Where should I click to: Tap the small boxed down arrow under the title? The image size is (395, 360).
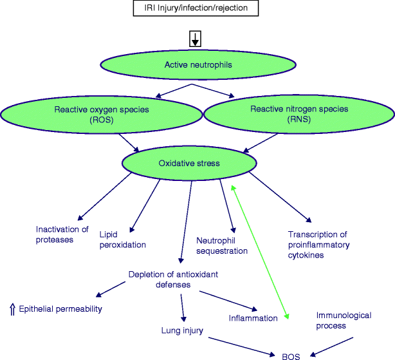(195, 39)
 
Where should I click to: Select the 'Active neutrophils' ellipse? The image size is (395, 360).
(197, 64)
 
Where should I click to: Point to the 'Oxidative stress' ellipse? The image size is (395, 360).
(189, 163)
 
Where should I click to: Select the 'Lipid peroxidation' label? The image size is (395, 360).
(122, 240)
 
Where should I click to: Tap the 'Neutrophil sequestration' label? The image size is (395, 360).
(222, 245)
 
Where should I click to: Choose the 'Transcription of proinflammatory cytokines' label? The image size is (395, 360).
(319, 245)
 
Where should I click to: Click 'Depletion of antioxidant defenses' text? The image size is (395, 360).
(173, 279)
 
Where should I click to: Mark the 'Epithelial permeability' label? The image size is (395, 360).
(61, 309)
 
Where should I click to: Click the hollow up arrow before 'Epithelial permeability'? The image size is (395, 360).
(12, 309)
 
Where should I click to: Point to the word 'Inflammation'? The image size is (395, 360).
(253, 318)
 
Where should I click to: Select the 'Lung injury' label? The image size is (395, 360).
(182, 330)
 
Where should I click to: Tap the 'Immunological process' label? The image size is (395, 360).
(340, 320)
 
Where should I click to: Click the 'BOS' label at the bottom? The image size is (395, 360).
(291, 354)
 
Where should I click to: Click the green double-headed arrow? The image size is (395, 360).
(260, 251)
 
